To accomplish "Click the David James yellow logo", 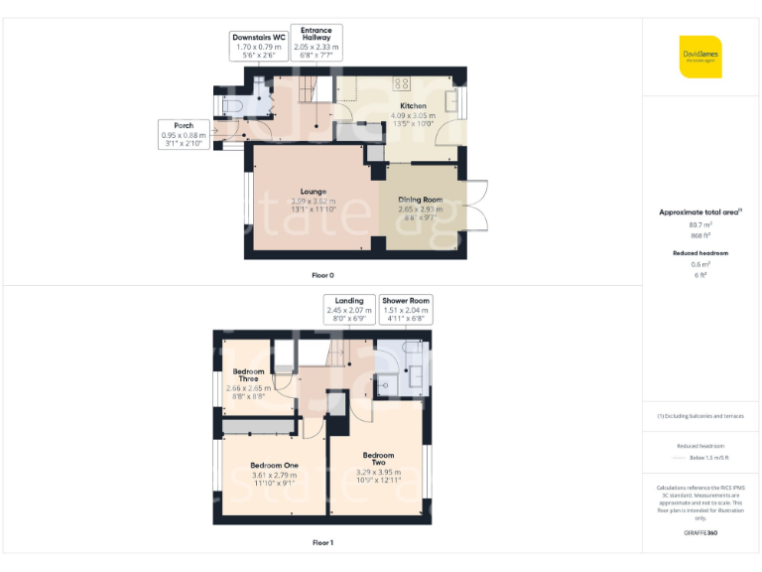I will [x=700, y=57].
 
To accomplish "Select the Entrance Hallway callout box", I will [x=317, y=41].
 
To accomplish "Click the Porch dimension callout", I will [x=184, y=134].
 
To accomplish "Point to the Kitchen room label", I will [x=413, y=110].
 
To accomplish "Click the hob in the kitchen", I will [x=403, y=83].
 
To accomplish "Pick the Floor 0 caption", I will [x=322, y=274].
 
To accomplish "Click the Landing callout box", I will [x=349, y=310].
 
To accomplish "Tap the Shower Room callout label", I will [x=407, y=310].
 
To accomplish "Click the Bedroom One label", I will [x=274, y=471].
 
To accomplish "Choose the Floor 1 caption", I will [x=322, y=543].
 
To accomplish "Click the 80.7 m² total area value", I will [x=700, y=224].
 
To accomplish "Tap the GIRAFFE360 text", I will [x=700, y=533].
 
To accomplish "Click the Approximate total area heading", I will [x=700, y=212].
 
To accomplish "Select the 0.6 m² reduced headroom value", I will [x=700, y=264].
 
